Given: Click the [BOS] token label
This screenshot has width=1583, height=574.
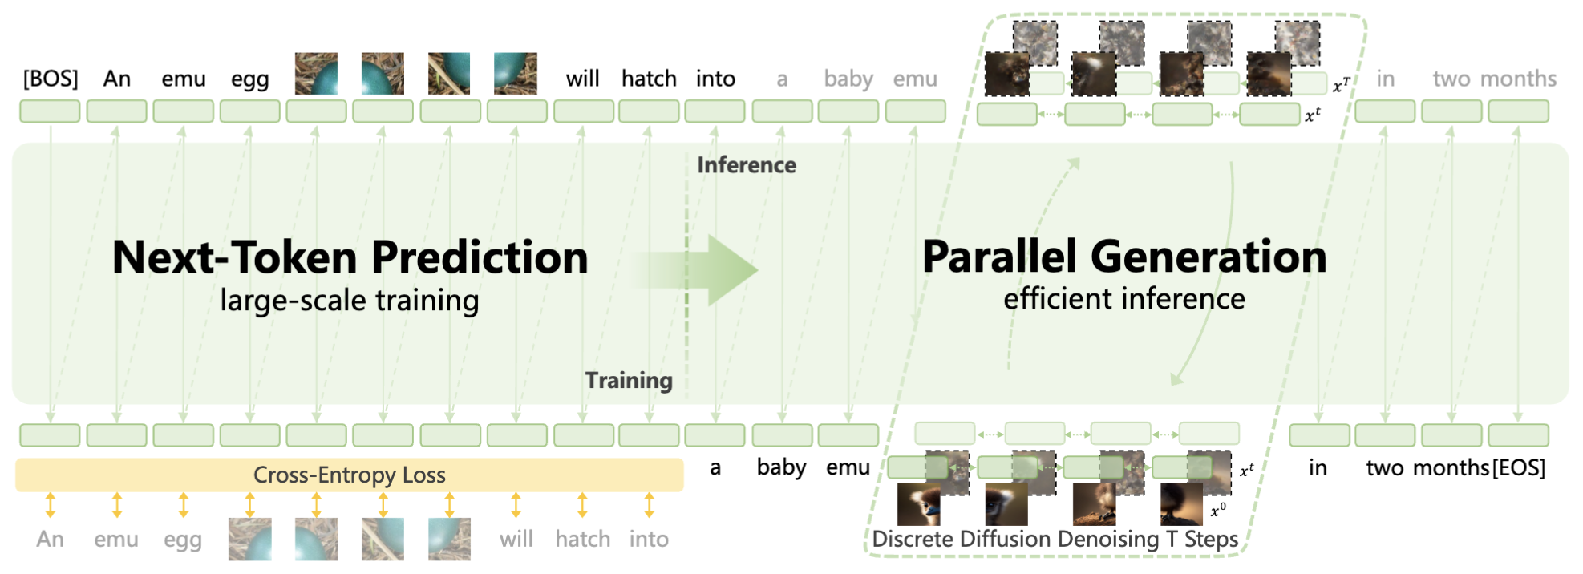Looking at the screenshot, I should click(x=51, y=79).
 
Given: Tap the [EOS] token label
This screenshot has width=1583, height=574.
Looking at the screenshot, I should click(x=1519, y=467).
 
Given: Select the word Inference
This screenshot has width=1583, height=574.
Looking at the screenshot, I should click(x=747, y=165).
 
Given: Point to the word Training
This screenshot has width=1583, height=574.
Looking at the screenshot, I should click(x=629, y=380).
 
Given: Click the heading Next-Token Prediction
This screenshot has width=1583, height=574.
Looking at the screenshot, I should click(x=350, y=257).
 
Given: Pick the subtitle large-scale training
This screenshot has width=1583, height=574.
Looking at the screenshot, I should click(x=350, y=301).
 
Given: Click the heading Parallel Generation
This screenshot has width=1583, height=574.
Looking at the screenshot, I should click(x=1124, y=257).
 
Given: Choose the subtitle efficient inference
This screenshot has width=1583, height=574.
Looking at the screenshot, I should click(x=1124, y=299).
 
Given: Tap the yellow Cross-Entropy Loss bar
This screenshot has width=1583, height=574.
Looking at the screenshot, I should click(x=350, y=475).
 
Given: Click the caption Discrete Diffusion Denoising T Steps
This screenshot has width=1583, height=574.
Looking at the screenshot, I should click(x=1055, y=539).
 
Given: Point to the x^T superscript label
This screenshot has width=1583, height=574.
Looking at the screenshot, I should click(x=1341, y=84).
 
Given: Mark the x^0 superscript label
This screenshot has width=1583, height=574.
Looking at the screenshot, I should click(x=1218, y=510).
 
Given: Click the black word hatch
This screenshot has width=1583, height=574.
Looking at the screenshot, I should click(x=649, y=79).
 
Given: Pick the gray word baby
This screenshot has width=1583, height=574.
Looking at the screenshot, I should click(x=848, y=79).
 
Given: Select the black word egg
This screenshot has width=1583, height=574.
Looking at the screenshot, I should click(x=249, y=79).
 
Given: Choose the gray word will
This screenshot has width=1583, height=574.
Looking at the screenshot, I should click(x=516, y=539).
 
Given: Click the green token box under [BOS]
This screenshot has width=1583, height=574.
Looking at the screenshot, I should click(x=50, y=111).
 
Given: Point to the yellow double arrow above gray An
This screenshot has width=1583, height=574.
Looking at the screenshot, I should click(x=51, y=505).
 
